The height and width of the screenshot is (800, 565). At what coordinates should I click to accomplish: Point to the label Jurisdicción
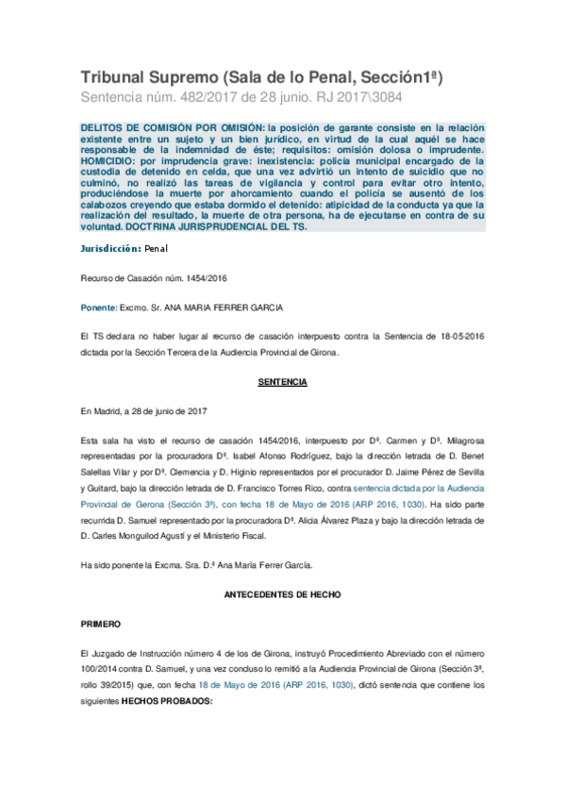pos(109,248)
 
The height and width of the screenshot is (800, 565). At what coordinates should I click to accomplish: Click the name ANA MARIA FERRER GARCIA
pos(224,308)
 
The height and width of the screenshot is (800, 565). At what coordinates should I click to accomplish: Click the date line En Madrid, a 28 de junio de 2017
pos(143,411)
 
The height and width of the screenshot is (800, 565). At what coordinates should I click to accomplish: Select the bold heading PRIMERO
pos(101,625)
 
